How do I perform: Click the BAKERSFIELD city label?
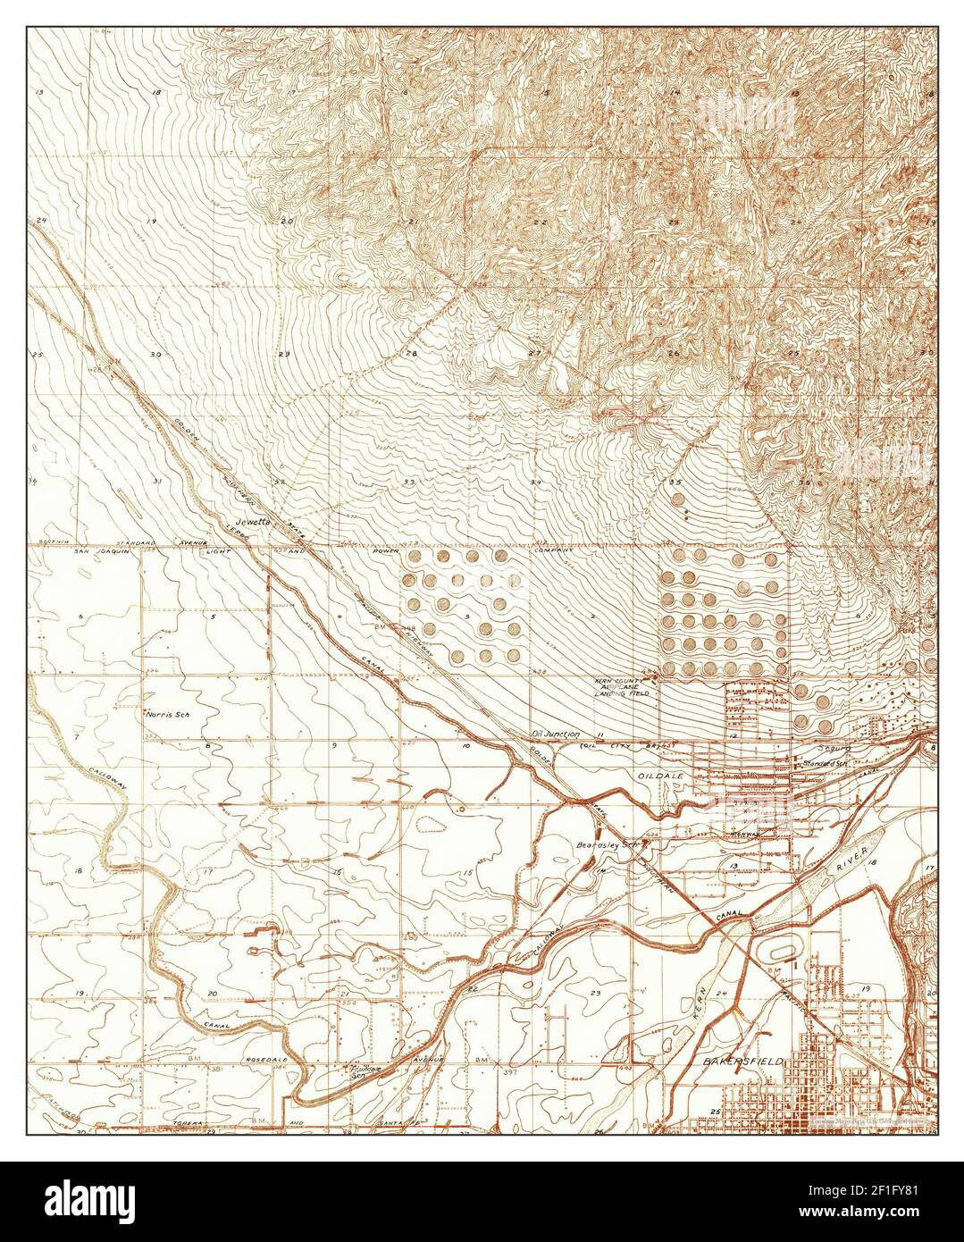click(742, 1061)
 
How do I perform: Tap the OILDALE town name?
click(659, 776)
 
